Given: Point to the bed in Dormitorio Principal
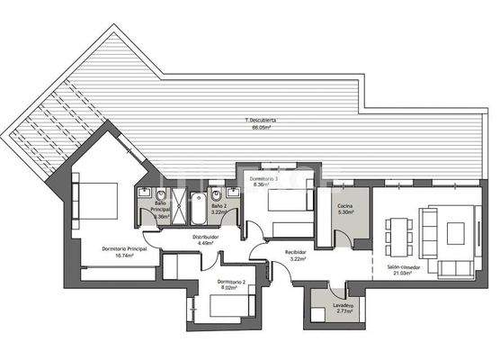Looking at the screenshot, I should [x=99, y=197].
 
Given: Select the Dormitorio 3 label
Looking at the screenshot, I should [x=263, y=180].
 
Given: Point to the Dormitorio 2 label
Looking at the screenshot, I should [x=231, y=283].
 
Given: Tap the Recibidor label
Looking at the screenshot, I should [x=296, y=252].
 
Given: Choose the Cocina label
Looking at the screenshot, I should [x=344, y=207].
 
